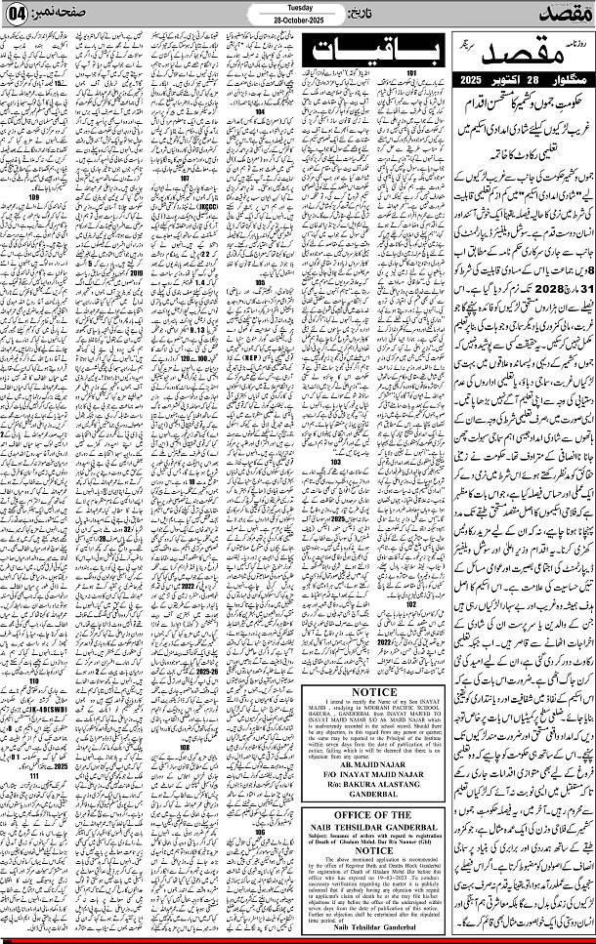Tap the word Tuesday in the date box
(299, 7)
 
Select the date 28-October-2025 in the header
(299, 21)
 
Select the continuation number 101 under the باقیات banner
(412, 74)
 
